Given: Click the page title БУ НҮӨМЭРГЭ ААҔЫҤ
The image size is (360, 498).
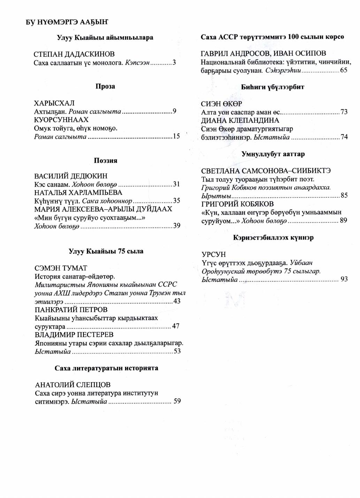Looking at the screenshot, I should pos(67,22).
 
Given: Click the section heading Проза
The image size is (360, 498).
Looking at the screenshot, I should pos(105,86).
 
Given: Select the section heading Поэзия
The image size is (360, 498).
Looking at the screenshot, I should pos(105,160).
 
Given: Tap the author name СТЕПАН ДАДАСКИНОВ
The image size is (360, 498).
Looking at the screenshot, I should pos(74,54).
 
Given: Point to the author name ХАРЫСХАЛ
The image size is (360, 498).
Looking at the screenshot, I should pos(54,103).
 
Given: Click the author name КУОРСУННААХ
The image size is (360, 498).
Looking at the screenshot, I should pos(61,120).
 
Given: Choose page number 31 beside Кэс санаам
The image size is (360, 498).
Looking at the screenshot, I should pos(176,184).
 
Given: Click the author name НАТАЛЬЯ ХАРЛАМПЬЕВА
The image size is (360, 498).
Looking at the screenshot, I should pos(78,192).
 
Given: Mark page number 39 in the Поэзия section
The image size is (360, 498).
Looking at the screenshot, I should pos(177,226).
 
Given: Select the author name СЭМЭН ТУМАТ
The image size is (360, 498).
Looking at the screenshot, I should pos(61,268).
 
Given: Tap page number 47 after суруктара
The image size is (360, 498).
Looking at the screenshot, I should pos(176,326).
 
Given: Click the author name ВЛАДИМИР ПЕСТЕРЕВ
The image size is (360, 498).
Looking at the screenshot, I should pos(74,335).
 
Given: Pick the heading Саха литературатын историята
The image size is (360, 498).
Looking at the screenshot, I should pos(106,368).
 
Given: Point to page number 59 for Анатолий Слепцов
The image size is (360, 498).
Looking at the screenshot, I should pos(177,401).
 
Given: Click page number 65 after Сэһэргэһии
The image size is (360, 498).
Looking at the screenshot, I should pos(344,70).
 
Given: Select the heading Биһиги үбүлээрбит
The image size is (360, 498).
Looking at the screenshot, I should pos(273,87).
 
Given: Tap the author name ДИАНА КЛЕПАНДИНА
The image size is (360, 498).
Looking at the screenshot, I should pos(240,121).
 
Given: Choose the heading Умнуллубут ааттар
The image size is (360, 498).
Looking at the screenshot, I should pos(273,154).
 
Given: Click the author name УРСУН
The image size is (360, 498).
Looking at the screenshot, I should pos(214,254).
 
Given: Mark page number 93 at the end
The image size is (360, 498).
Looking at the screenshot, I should pos(344,279).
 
